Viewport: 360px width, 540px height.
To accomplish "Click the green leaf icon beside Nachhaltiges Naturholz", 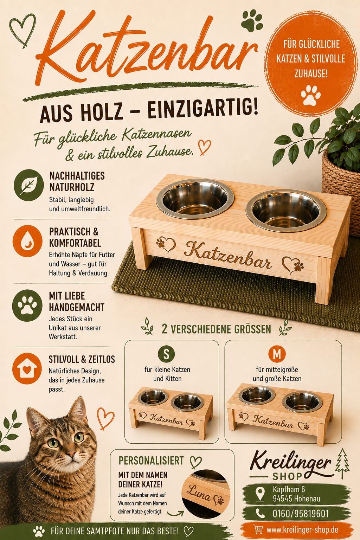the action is click(29, 185).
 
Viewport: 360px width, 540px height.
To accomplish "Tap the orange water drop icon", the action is click(27, 241).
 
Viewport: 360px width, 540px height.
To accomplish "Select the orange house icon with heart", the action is click(27, 368).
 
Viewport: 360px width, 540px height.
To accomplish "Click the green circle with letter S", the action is click(166, 354).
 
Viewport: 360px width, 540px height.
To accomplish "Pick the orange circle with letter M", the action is click(277, 354).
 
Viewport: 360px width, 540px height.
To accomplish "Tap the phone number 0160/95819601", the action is click(301, 514).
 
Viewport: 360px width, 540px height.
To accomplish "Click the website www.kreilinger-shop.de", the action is click(302, 529).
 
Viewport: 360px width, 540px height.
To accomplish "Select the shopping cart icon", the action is click(258, 529).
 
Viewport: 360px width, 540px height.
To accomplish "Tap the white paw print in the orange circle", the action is click(311, 95).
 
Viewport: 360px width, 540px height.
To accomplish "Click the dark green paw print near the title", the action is click(252, 21).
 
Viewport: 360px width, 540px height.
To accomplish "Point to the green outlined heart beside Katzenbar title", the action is click(22, 30).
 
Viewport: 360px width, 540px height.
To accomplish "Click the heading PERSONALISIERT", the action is click(151, 461).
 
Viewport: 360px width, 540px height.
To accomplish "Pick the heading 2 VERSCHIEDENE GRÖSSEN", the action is click(216, 329).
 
